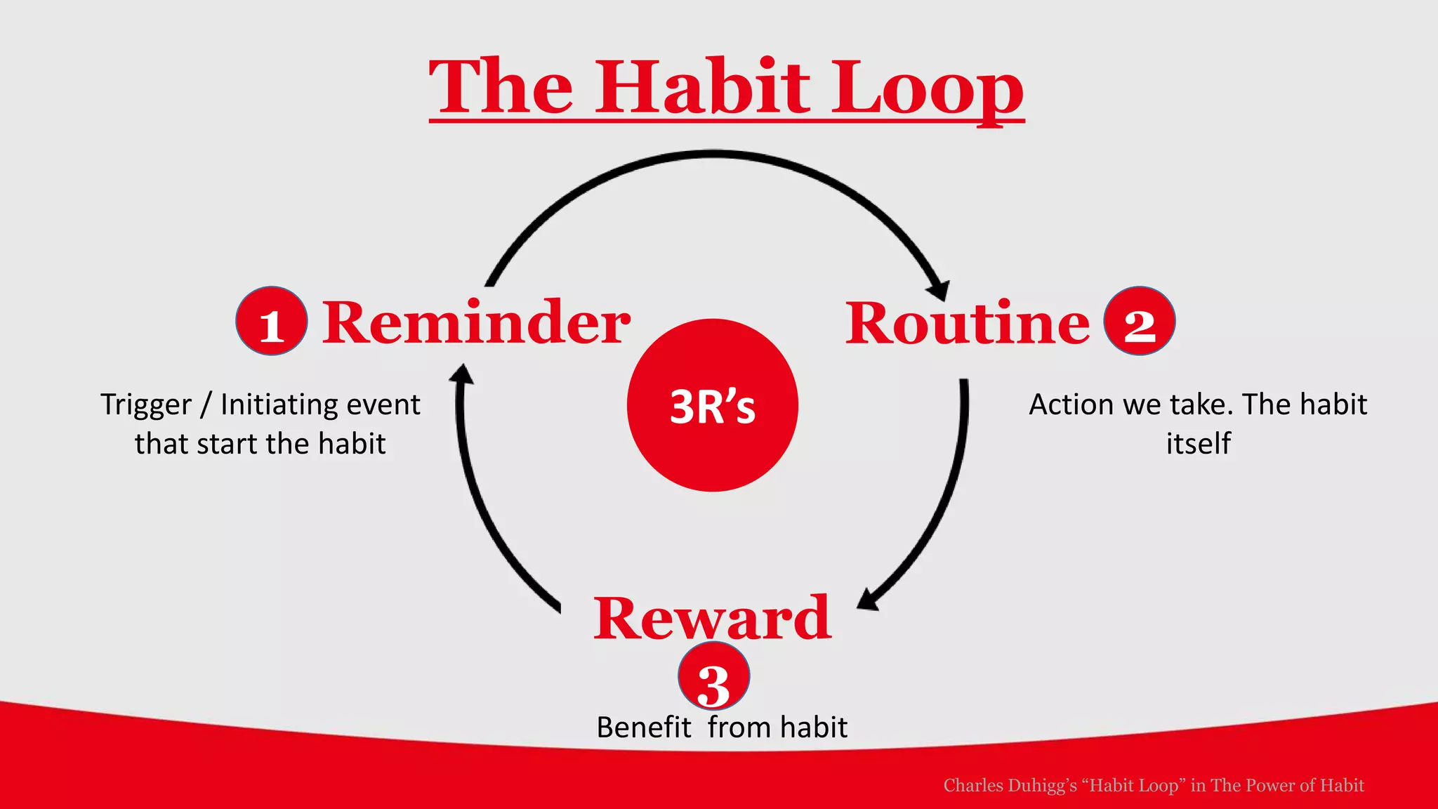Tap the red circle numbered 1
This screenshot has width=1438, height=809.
(x=271, y=321)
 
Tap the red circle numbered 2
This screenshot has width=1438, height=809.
(x=1139, y=321)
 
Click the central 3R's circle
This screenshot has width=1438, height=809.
(x=712, y=405)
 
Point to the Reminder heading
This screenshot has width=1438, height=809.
(x=476, y=323)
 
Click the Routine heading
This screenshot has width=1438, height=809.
(x=967, y=323)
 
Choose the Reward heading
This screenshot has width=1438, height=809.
(x=712, y=618)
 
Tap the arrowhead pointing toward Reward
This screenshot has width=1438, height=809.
(x=868, y=600)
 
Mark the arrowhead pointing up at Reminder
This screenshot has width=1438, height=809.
(x=461, y=374)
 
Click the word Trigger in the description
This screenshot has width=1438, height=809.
(x=145, y=405)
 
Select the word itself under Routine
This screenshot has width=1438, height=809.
(x=1198, y=444)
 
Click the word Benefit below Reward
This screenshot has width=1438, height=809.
(x=643, y=728)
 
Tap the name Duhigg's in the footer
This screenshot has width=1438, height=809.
(x=1042, y=785)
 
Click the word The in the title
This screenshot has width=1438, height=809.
(x=501, y=87)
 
